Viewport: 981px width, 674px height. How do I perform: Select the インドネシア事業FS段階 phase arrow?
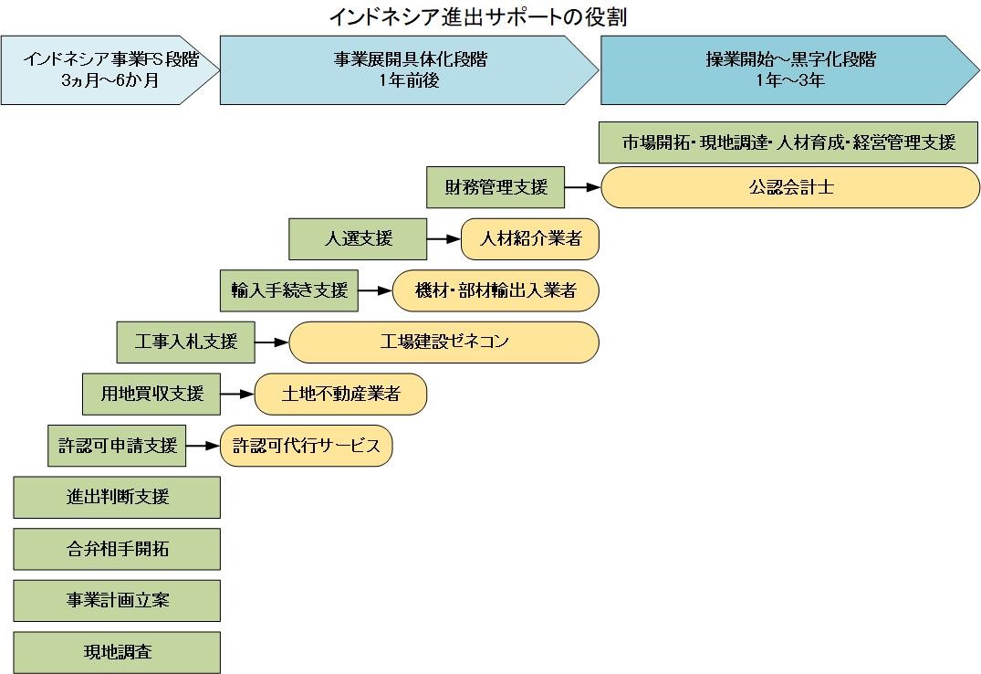click(110, 69)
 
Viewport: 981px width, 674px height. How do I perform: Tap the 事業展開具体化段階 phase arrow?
click(409, 69)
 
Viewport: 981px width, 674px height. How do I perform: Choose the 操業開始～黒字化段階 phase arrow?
click(789, 69)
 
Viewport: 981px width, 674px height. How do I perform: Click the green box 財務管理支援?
click(496, 188)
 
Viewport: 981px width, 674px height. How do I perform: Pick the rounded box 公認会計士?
click(790, 188)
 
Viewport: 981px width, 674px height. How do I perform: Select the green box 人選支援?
click(358, 239)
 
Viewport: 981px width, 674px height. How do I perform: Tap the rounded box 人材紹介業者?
click(529, 239)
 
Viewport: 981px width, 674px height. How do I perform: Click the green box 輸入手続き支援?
click(289, 291)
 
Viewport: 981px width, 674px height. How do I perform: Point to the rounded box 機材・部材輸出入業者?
click(496, 291)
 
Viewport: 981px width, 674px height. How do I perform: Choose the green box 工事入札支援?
click(186, 342)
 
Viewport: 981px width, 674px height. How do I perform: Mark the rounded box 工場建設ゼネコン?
click(444, 342)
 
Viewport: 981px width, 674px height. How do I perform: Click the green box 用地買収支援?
click(151, 394)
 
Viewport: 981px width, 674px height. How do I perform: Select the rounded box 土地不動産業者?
click(340, 394)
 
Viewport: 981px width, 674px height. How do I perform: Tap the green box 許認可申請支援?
click(117, 446)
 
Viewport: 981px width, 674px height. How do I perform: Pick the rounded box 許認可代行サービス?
click(306, 446)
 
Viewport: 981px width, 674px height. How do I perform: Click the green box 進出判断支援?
click(117, 498)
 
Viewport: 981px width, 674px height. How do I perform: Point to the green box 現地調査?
click(117, 652)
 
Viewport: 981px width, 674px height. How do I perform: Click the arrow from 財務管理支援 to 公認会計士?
click(582, 188)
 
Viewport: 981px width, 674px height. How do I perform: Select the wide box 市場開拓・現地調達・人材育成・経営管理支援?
click(789, 142)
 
